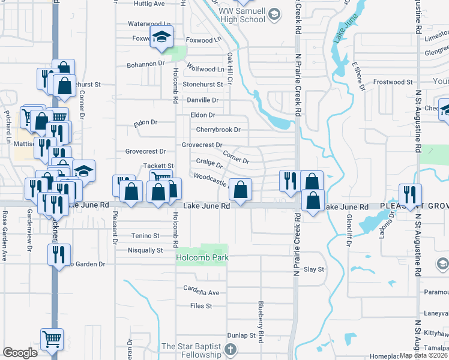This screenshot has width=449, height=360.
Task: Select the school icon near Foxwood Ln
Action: (x=161, y=37)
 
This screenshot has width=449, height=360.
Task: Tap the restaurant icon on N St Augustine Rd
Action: (x=411, y=195)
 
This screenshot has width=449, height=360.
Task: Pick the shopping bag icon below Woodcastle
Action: (x=240, y=191)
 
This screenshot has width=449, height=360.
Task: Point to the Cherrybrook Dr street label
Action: (x=218, y=130)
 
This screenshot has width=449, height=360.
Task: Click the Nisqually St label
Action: (x=145, y=250)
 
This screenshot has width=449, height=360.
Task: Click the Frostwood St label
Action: (x=393, y=82)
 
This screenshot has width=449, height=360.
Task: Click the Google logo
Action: (x=20, y=353)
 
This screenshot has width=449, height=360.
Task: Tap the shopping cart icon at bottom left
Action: (x=52, y=340)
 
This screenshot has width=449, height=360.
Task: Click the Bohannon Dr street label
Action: (x=145, y=64)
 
